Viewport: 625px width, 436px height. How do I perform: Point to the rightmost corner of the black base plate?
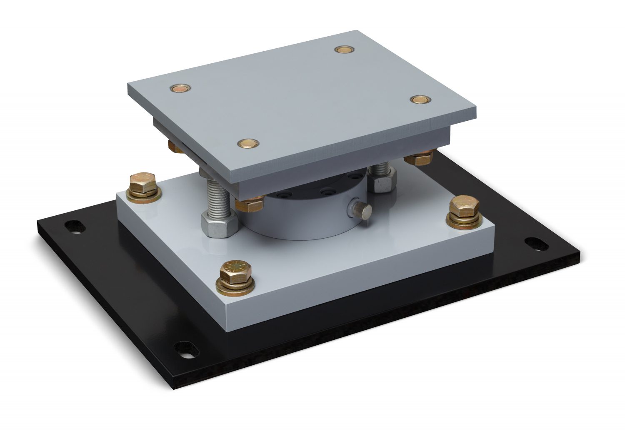(x=579, y=254)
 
